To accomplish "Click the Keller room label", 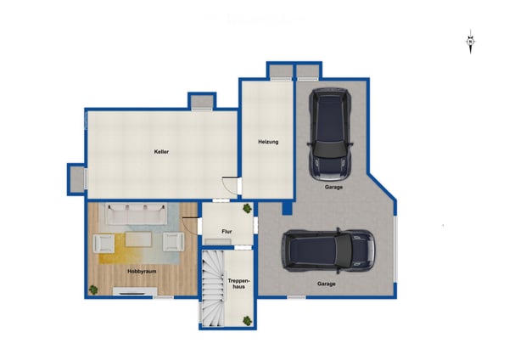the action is pos(161,152).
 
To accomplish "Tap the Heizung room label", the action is pos(268,142).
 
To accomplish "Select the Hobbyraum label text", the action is pos(142,272).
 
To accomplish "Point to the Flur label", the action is pos(227,232).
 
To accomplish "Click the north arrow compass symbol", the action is pos(470,42).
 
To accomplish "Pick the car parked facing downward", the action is pos(330,134).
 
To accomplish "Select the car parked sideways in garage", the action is pos(328,250).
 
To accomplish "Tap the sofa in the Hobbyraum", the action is pos(137,213).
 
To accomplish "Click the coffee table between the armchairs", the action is pos(138,239).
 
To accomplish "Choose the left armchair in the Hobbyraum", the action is pos(103,243).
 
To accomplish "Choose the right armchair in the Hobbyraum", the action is pos(173,242).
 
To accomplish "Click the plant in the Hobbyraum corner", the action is pos(93,290).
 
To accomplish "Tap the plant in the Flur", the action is pos(248,208).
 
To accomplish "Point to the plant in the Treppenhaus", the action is pos(248,321).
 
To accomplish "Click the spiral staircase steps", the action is pos(213,288).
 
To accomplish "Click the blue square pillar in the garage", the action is pos(287,208).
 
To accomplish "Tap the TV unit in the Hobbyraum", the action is pos(135,291).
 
